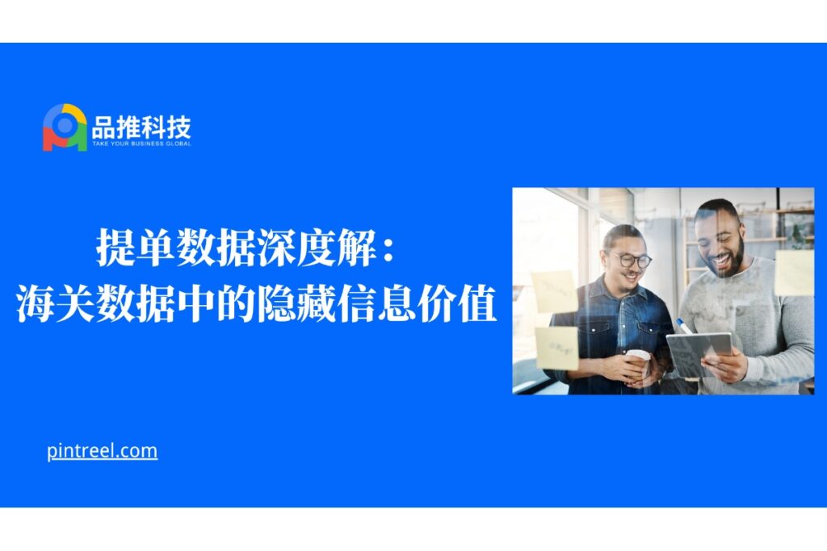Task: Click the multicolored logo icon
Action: click(x=65, y=127)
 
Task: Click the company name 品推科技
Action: click(x=141, y=127)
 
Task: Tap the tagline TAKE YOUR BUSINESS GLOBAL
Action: click(x=141, y=144)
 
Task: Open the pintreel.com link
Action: click(x=103, y=452)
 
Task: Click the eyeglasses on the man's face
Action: click(x=631, y=260)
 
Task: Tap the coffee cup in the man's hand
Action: click(x=639, y=363)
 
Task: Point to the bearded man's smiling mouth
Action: click(x=722, y=261)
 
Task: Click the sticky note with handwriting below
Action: click(x=557, y=348)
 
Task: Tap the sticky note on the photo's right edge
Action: click(x=795, y=273)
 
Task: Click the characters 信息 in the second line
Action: click(x=376, y=303)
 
